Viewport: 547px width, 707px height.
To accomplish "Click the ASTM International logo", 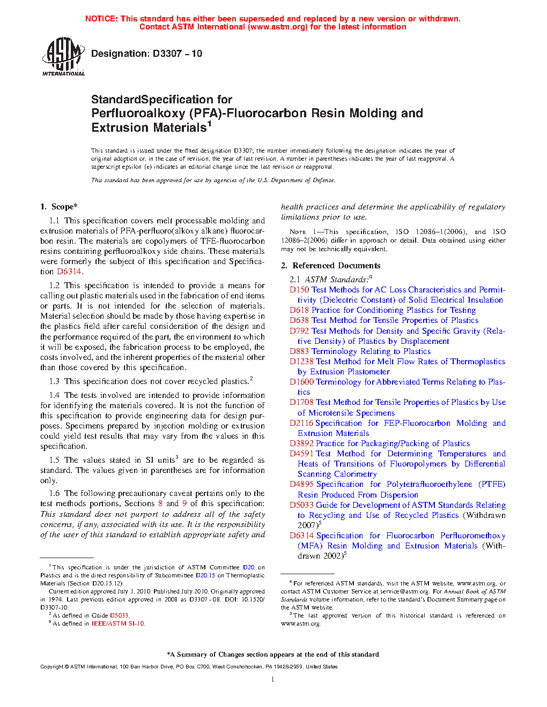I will point(63,56).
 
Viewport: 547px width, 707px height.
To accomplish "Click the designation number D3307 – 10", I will point(178,54).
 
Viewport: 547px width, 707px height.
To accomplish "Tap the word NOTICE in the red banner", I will point(101,19).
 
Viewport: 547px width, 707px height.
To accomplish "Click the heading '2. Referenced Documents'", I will point(331,266).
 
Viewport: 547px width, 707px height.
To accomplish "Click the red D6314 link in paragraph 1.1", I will point(69,272).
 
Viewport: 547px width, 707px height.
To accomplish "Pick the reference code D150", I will point(299,290).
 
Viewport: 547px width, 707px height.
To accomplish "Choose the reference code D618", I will point(299,310).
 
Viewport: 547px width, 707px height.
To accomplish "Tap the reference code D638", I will point(299,320).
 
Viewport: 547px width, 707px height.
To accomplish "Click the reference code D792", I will point(299,331).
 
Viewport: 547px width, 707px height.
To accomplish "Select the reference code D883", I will point(299,351).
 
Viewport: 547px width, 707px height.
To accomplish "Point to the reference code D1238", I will point(301,362).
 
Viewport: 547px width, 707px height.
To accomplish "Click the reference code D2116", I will point(301,423).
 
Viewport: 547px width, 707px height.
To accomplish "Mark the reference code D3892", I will point(301,443).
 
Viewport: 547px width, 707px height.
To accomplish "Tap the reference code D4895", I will point(301,484).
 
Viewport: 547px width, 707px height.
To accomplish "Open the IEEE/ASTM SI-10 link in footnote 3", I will point(118,623).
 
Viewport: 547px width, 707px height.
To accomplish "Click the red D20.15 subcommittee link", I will point(205,575).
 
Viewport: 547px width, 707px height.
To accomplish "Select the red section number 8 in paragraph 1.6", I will point(160,503).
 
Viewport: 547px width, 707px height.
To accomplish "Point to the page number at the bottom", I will point(273,680).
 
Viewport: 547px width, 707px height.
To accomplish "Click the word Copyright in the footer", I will point(51,667).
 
